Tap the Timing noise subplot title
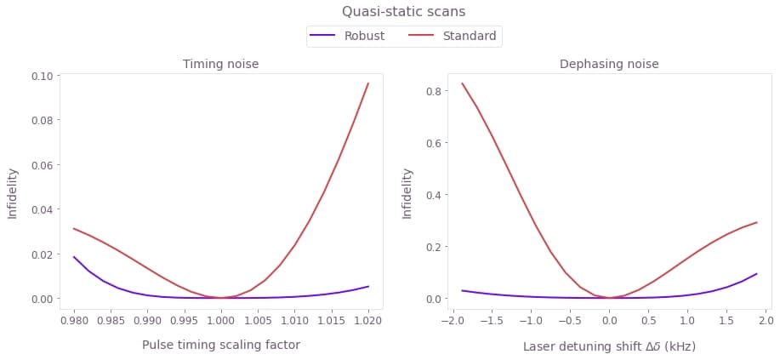click(221, 64)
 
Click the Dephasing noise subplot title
click(609, 64)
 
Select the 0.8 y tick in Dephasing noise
click(434, 90)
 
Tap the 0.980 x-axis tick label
click(74, 321)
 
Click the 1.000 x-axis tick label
click(221, 321)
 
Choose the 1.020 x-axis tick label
click(367, 321)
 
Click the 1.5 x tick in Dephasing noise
click(726, 321)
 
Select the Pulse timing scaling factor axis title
click(221, 345)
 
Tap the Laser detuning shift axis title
click(609, 346)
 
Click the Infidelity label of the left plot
click(13, 192)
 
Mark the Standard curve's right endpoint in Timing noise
click(368, 83)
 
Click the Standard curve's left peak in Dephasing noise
click(462, 83)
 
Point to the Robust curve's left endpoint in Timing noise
click(74, 257)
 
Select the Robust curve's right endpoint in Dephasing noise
click(756, 274)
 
